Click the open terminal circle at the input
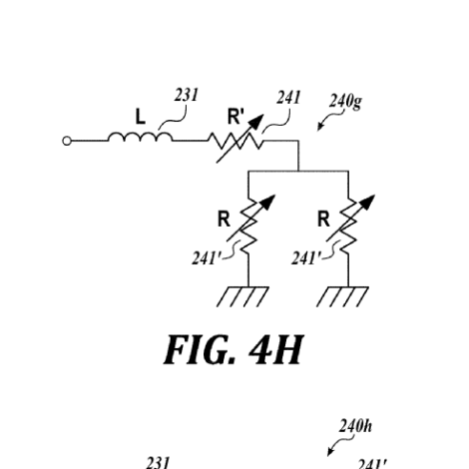pyautogui.click(x=67, y=141)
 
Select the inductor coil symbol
pyautogui.click(x=140, y=137)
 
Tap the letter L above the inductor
pyautogui.click(x=141, y=117)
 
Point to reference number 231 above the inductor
pyautogui.click(x=186, y=95)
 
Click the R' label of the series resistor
pyautogui.click(x=235, y=117)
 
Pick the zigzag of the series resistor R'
pyautogui.click(x=235, y=141)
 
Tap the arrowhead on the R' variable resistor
pyautogui.click(x=256, y=122)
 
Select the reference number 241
pyautogui.click(x=288, y=98)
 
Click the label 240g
pyautogui.click(x=345, y=102)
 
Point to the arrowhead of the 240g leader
pyautogui.click(x=320, y=127)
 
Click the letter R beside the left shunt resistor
pyautogui.click(x=224, y=220)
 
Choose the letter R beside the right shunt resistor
pyautogui.click(x=323, y=220)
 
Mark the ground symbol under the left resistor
pyautogui.click(x=242, y=296)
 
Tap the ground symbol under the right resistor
pyautogui.click(x=342, y=296)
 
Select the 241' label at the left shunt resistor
pyautogui.click(x=207, y=257)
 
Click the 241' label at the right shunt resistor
pyautogui.click(x=306, y=257)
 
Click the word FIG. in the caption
pyautogui.click(x=200, y=350)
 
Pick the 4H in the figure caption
pyautogui.click(x=276, y=350)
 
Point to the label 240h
pyautogui.click(x=355, y=426)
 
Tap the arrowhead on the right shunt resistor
pyautogui.click(x=367, y=202)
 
